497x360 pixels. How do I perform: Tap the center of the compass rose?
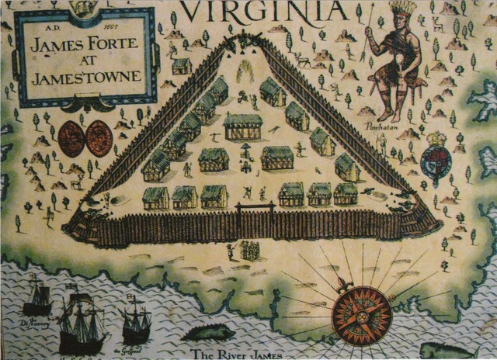pyautogui.click(x=361, y=314)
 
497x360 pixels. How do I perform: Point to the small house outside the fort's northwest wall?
pyautogui.click(x=182, y=66)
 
